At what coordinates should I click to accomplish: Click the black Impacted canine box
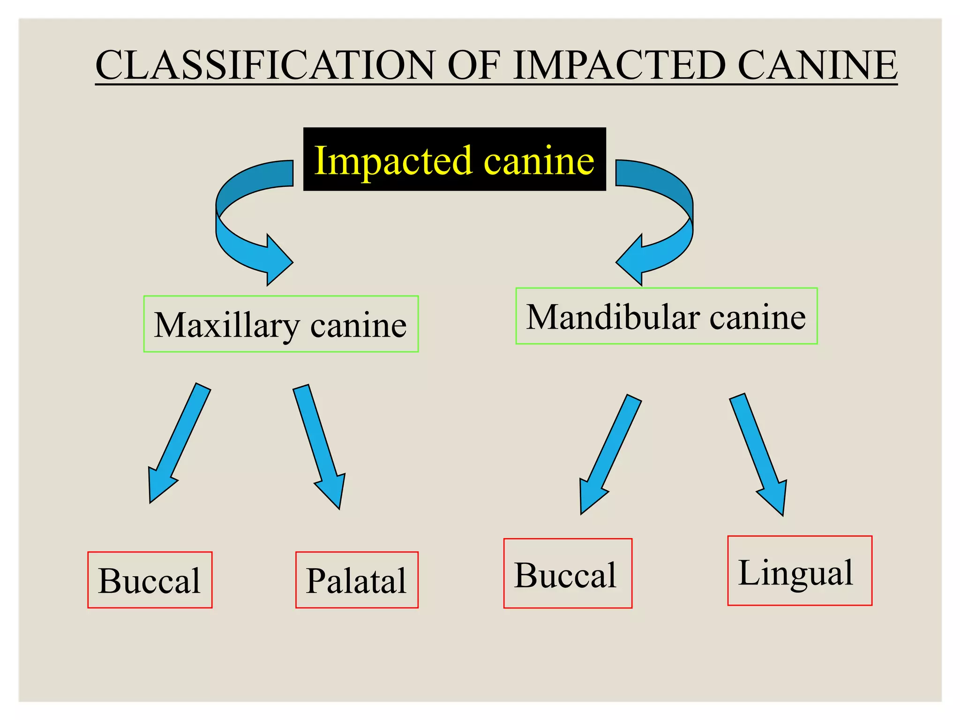coord(454,159)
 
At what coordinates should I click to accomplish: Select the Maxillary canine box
coord(281,324)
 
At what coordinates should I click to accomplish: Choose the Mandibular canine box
coord(666,316)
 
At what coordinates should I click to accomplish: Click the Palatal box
coord(356,580)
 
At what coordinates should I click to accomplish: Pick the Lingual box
coord(799,570)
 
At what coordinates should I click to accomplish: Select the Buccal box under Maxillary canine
coord(150,580)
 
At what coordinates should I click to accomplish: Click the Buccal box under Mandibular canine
coord(567,573)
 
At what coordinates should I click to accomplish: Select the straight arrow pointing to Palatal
coord(321,445)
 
